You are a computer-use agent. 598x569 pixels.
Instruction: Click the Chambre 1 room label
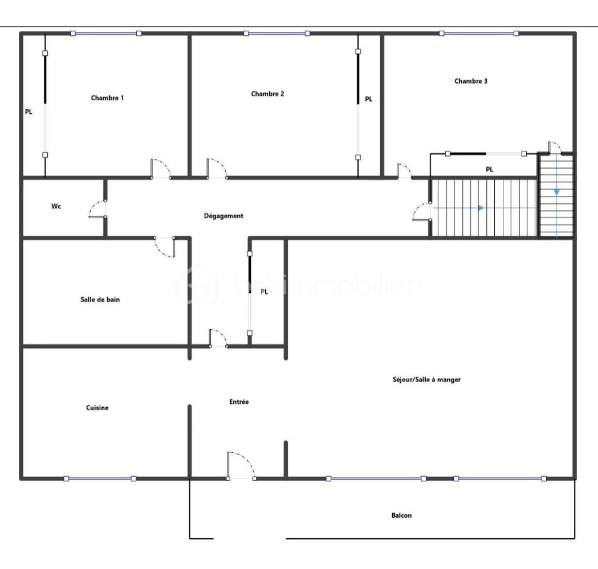click(x=107, y=98)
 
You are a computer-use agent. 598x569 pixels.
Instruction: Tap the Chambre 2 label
click(x=267, y=94)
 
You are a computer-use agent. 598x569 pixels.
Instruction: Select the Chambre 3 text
click(x=471, y=81)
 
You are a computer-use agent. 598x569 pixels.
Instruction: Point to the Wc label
click(x=56, y=206)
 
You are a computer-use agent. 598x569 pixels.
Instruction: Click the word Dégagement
click(x=223, y=216)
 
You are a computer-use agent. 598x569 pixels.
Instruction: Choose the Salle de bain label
click(x=100, y=300)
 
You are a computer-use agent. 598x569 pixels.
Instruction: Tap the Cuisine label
click(x=97, y=408)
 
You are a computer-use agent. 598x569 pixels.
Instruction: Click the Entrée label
click(x=239, y=402)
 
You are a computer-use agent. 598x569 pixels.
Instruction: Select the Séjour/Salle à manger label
click(x=426, y=379)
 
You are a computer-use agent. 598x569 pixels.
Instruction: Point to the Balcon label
click(x=401, y=515)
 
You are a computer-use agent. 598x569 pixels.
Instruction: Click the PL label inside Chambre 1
click(x=29, y=112)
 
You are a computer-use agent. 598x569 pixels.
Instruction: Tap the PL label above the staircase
click(x=489, y=169)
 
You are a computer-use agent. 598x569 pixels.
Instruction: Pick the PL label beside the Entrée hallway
click(x=264, y=292)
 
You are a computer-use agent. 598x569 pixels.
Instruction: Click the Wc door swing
click(x=96, y=209)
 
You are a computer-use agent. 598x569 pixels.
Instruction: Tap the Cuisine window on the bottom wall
click(x=100, y=478)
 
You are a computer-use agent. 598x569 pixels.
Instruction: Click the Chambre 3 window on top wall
click(x=479, y=34)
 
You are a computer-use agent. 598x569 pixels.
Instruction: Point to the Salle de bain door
click(x=165, y=247)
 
